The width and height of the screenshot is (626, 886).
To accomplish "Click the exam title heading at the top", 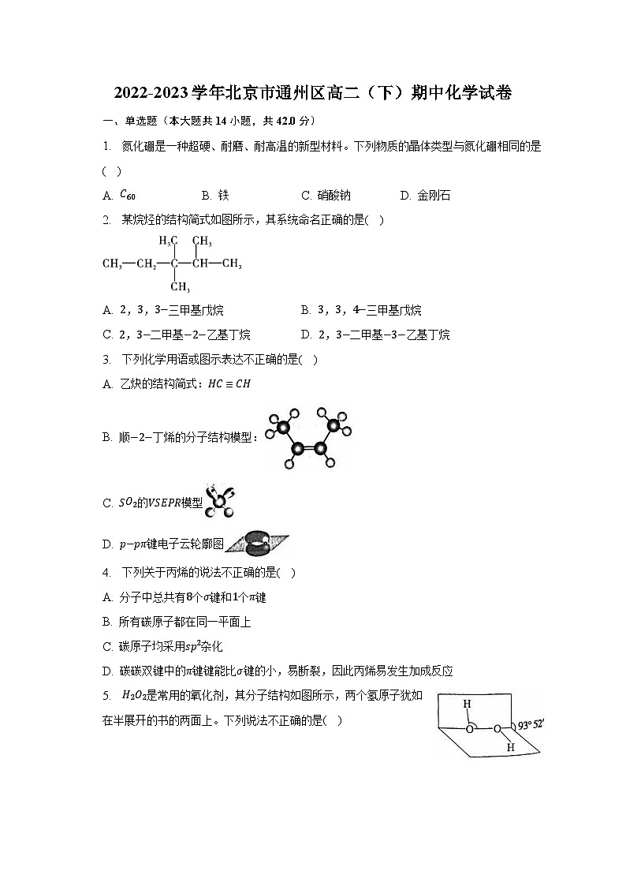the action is tap(312, 93).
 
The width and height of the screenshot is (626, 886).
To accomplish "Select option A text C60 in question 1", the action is tap(128, 195).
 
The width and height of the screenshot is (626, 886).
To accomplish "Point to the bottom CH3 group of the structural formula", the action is tap(180, 286).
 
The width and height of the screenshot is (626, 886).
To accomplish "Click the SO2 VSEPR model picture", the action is tap(219, 502).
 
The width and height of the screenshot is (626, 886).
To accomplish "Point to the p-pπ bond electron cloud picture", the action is tap(257, 543).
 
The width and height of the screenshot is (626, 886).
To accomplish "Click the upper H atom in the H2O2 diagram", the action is tap(467, 704).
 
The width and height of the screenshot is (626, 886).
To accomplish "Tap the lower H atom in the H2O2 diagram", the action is tap(510, 746).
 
